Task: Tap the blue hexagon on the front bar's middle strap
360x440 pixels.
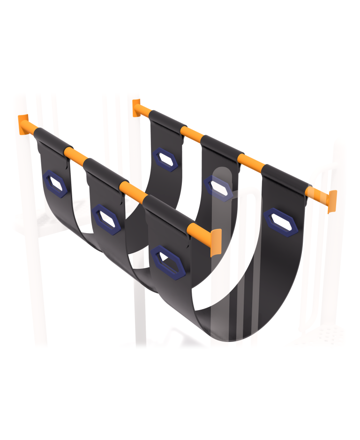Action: pos(107,217)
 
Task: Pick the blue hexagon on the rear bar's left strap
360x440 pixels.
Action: pos(165,159)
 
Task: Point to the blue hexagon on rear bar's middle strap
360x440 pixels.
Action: pos(218,187)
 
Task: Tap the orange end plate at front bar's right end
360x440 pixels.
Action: pos(215,242)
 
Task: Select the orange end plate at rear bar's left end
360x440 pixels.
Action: pos(136,107)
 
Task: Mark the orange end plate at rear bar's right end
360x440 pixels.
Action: pos(332,201)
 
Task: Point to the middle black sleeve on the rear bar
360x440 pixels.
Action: pos(221,147)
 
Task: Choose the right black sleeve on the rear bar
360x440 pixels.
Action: pos(285,178)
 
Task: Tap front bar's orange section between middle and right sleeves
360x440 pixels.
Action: pos(131,190)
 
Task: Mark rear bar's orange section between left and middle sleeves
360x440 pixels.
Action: pos(192,133)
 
